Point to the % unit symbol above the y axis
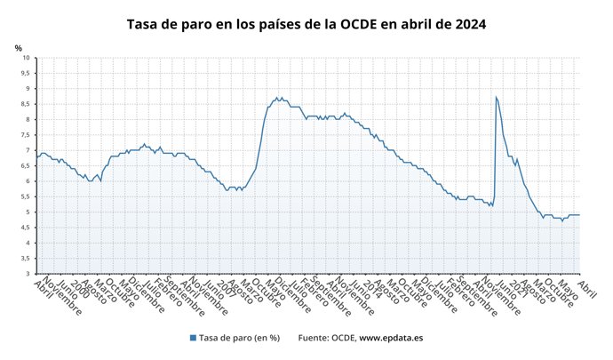click(19, 47)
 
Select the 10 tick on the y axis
click(26, 58)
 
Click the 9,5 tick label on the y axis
click(25, 73)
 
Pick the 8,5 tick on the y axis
click(25, 104)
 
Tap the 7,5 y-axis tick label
click(25, 135)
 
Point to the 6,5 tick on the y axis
click(25, 166)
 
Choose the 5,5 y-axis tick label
click(25, 196)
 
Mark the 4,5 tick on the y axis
click(25, 228)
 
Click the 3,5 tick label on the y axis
click(25, 259)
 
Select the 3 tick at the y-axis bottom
click(28, 274)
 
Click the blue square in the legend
click(193, 338)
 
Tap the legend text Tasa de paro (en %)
click(240, 338)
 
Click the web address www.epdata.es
click(391, 338)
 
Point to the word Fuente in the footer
click(314, 338)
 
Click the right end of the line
click(580, 215)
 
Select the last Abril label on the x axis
click(586, 284)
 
